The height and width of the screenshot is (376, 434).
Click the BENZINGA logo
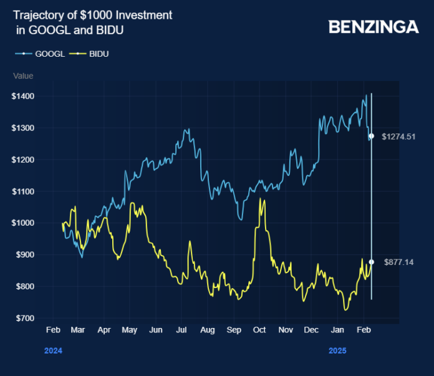[x=374, y=27]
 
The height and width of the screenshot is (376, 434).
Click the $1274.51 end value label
[x=398, y=136]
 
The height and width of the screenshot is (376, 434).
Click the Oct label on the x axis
[x=259, y=330]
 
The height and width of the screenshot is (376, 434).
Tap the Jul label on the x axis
[x=181, y=330]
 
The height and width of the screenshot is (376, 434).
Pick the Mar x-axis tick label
[x=77, y=330]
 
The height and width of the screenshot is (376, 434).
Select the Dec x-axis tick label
[x=311, y=330]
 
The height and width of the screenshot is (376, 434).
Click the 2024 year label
[x=53, y=351]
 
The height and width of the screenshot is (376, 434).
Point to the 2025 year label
[x=337, y=351]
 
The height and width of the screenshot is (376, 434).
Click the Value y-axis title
[x=23, y=76]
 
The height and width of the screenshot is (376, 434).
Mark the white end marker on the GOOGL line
[x=372, y=136]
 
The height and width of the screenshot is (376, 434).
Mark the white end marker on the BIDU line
[x=372, y=262]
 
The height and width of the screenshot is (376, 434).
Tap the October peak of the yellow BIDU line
[x=259, y=200]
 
